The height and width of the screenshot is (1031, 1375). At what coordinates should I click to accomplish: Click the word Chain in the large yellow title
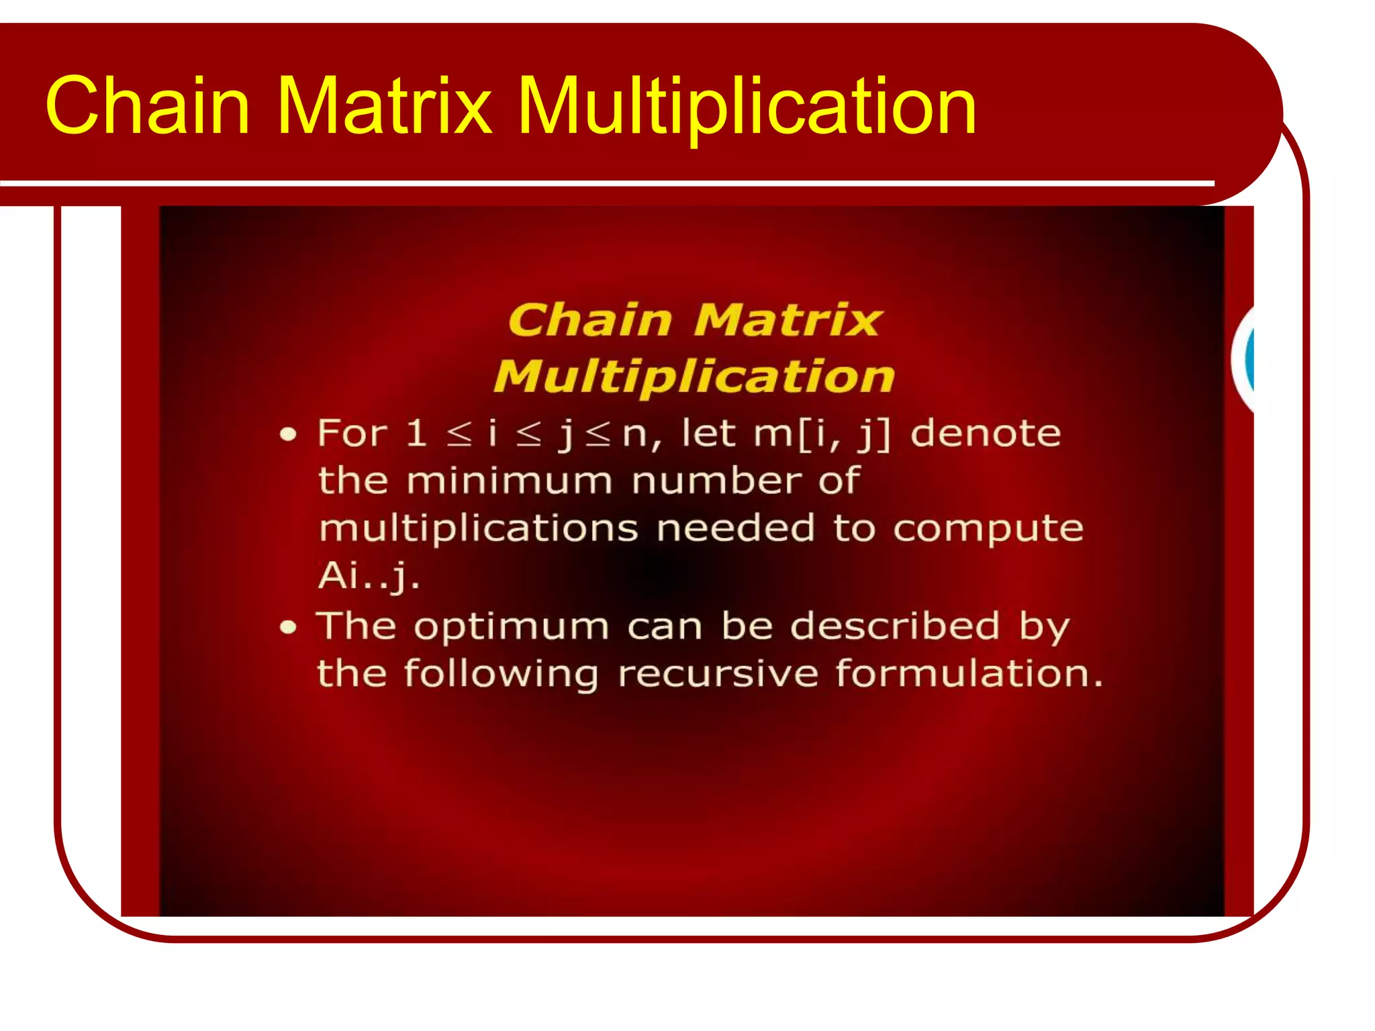tap(148, 105)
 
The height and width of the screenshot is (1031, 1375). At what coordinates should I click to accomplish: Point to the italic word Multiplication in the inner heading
tap(694, 377)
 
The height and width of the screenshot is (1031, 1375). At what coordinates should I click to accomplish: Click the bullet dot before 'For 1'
tap(288, 435)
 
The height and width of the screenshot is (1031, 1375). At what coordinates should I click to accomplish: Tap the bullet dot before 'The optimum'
tap(288, 628)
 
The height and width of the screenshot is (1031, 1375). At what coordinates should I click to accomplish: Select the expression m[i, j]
tap(821, 434)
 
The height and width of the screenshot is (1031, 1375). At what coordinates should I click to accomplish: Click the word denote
tap(986, 433)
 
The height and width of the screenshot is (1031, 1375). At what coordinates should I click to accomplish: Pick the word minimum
tap(510, 481)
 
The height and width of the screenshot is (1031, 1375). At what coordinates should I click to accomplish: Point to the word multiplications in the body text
tap(478, 529)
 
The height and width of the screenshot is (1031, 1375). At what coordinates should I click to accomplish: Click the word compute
tap(988, 529)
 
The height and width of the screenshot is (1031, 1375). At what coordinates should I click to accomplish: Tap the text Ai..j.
tap(369, 576)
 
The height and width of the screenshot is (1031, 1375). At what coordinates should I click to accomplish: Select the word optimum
tap(511, 628)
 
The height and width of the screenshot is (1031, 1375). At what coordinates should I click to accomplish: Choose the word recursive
tap(718, 673)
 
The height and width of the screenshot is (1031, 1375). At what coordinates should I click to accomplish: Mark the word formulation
tap(969, 673)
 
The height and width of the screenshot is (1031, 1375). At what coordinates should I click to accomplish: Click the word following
tap(500, 675)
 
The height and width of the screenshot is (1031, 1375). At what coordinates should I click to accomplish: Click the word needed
tap(735, 528)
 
